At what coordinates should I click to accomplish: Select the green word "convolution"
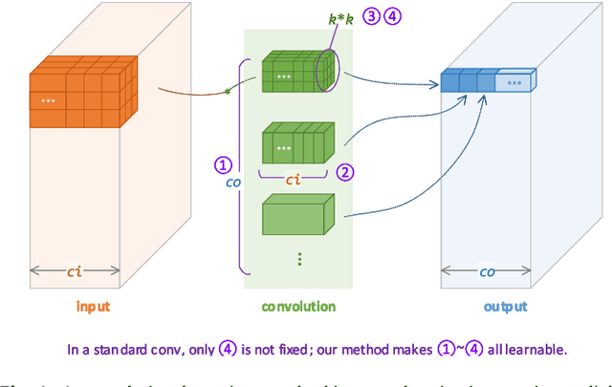298,307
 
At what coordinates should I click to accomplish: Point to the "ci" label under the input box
74,270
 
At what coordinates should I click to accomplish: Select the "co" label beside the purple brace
232,182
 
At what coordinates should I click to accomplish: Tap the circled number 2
345,172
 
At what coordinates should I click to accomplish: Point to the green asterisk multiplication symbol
228,92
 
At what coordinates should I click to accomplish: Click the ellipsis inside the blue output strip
516,83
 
